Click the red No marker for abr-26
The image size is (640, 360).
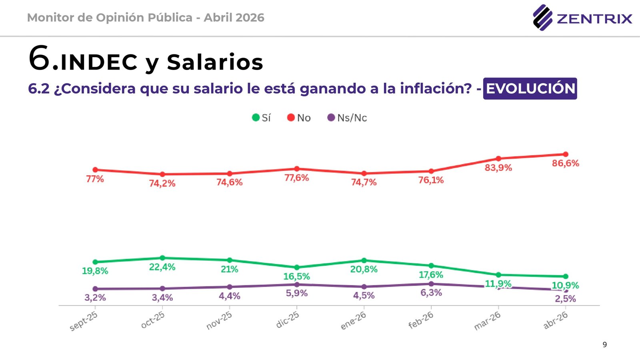click(x=566, y=154)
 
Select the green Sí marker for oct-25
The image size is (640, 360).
click(x=162, y=258)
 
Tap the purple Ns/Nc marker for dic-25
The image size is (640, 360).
click(x=297, y=284)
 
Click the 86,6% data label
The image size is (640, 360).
click(x=566, y=163)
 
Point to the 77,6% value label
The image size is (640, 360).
click(x=297, y=178)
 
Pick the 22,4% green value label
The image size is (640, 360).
click(x=162, y=267)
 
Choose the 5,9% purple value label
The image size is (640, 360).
click(x=297, y=293)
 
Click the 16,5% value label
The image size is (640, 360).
click(x=297, y=276)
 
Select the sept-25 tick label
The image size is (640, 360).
click(x=84, y=321)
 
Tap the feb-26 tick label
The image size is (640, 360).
click(x=421, y=320)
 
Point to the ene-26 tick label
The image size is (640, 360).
click(x=353, y=320)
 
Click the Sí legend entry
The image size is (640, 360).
click(x=262, y=118)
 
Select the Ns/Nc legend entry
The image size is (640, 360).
click(x=347, y=118)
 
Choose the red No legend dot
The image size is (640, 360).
click(x=291, y=118)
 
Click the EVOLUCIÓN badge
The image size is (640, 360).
click(x=530, y=88)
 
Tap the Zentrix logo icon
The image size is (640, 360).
click(x=542, y=18)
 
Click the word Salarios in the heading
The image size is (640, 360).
click(x=215, y=62)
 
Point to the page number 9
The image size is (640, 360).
click(x=605, y=344)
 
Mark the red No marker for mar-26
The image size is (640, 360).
click(x=498, y=158)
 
